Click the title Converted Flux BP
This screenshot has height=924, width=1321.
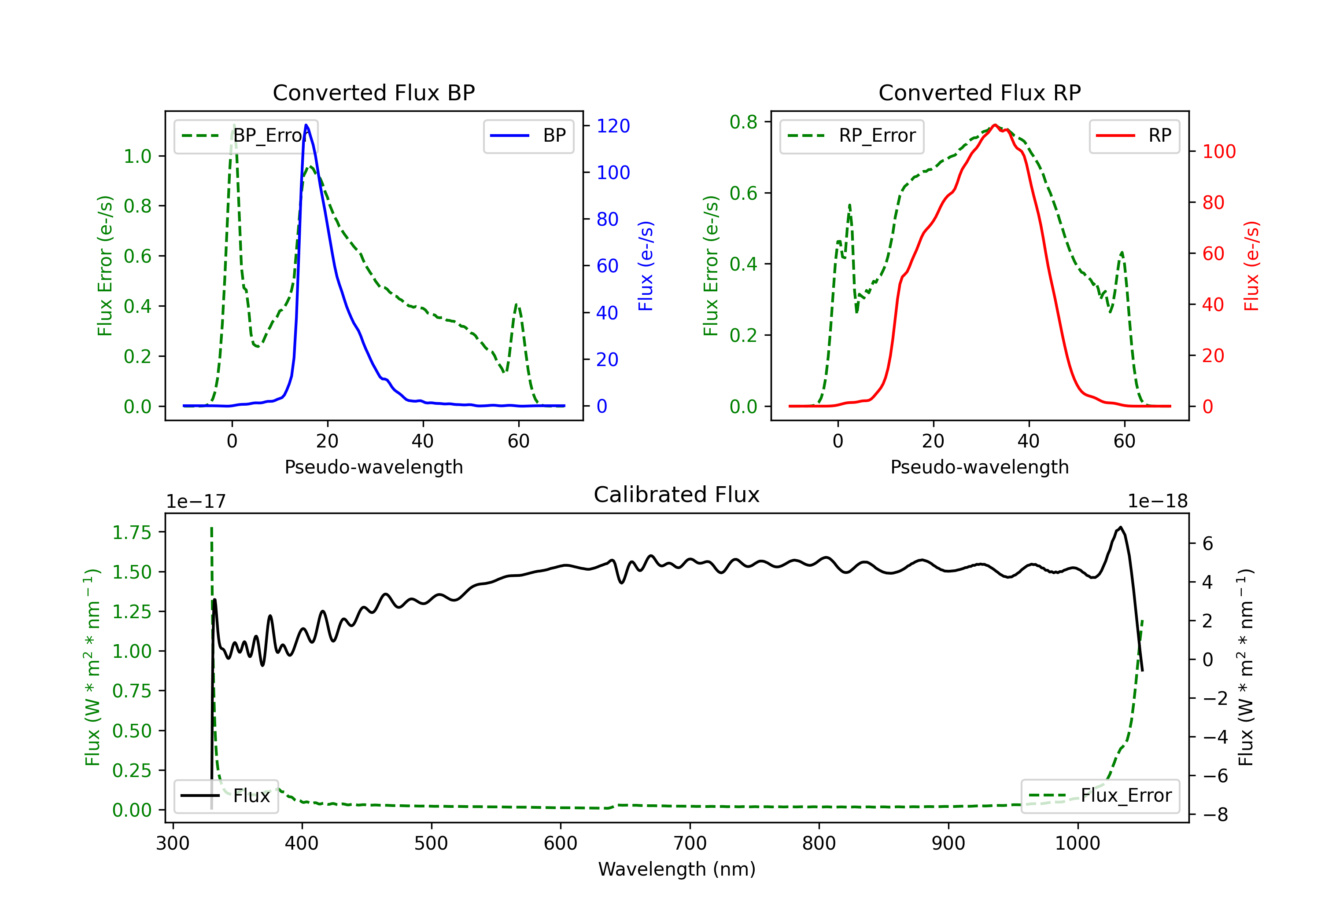(373, 92)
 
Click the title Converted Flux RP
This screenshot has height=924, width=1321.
(979, 92)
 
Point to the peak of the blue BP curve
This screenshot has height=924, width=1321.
(306, 125)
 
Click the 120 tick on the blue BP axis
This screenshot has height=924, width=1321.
(613, 126)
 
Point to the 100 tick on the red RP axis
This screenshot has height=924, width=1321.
(1218, 152)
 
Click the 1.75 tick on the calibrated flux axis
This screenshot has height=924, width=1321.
(132, 532)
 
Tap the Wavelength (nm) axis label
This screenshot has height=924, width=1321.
(677, 869)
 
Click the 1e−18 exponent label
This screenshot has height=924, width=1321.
(1158, 502)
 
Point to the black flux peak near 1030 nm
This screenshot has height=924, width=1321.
(1120, 527)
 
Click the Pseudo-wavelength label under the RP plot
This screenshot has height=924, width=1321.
(979, 467)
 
